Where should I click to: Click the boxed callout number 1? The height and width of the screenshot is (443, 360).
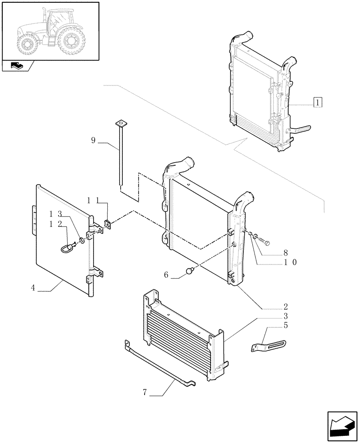tap(317, 102)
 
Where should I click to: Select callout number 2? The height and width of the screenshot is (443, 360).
tap(286, 307)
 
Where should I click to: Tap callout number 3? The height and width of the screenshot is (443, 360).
tap(286, 316)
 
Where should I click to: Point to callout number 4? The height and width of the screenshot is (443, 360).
tap(33, 288)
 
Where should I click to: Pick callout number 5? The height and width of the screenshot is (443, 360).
tap(286, 326)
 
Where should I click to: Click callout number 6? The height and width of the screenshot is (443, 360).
tap(166, 275)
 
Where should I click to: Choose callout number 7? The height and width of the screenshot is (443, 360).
tap(145, 392)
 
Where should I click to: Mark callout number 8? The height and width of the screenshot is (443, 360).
tap(286, 253)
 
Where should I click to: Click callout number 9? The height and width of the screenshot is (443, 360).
tap(93, 140)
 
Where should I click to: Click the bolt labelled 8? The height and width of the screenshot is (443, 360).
tap(265, 242)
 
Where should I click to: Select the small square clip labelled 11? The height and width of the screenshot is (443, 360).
tap(107, 223)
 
